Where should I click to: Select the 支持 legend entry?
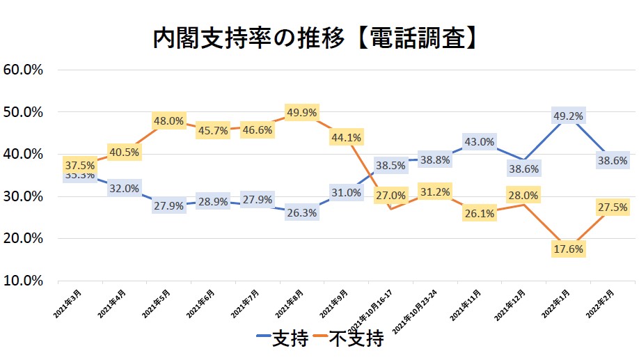(281, 340)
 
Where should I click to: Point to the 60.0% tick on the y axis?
(24, 70)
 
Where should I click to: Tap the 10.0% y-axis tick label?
(24, 281)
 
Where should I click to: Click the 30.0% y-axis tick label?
(24, 196)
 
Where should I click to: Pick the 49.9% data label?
(301, 112)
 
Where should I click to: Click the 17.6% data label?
(568, 249)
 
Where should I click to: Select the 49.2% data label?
(568, 116)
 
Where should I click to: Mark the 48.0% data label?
(168, 120)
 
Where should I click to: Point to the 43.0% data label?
(480, 141)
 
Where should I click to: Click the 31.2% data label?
(435, 191)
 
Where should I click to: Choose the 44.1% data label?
(346, 137)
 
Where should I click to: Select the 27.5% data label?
(613, 207)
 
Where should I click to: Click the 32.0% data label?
(124, 188)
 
